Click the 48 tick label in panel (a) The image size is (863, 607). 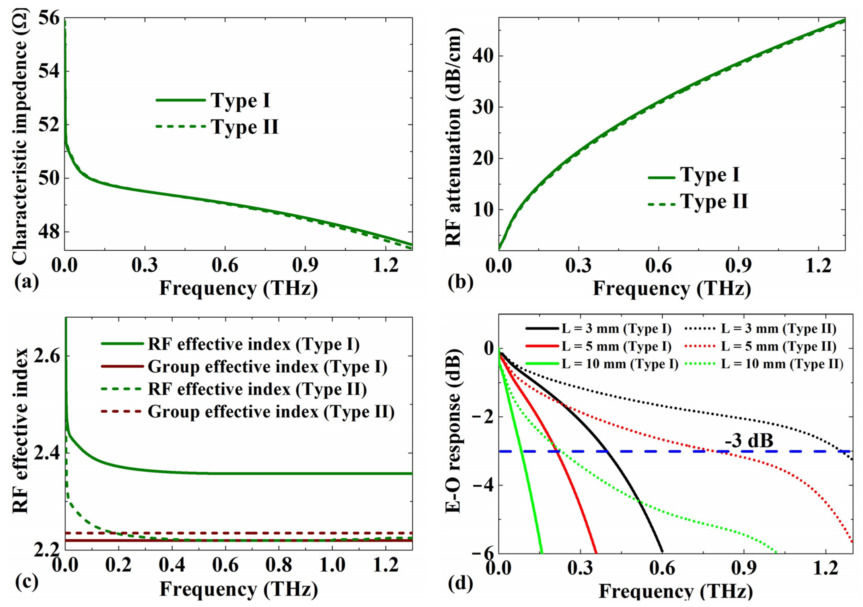point(49,232)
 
